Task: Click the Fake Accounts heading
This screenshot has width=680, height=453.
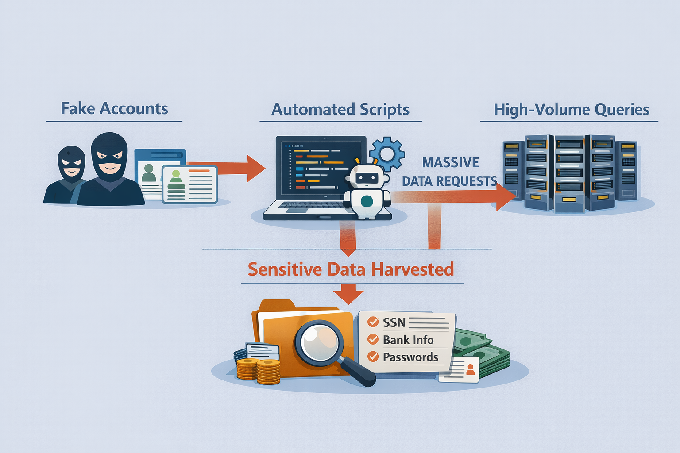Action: click(x=114, y=109)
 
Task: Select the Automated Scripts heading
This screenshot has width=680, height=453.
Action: click(x=340, y=110)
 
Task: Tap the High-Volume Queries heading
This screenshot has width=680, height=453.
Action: click(x=572, y=110)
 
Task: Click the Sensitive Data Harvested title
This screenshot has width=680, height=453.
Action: click(x=351, y=269)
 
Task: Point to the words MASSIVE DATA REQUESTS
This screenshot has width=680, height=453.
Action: click(x=450, y=172)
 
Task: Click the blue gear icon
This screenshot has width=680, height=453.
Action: click(x=387, y=154)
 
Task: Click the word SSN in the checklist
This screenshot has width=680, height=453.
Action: click(x=394, y=322)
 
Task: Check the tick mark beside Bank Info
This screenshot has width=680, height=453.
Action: click(x=373, y=339)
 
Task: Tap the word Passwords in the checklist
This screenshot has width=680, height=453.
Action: click(x=410, y=357)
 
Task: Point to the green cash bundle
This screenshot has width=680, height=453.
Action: click(x=482, y=352)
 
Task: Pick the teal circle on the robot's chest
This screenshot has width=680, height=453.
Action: click(x=367, y=201)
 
